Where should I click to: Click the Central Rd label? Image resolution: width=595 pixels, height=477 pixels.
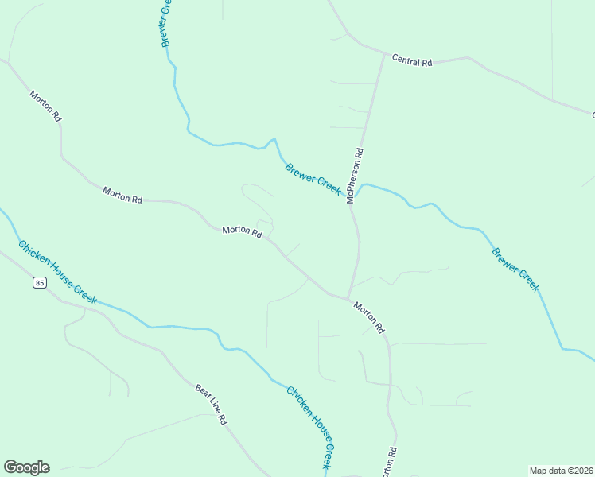tap(411, 61)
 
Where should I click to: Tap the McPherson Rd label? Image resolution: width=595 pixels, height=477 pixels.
tap(355, 176)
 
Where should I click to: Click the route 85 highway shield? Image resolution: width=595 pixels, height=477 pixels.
tap(39, 282)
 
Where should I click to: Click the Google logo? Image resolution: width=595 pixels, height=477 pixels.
tap(26, 467)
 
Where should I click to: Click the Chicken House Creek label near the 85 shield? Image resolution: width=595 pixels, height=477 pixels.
tap(57, 272)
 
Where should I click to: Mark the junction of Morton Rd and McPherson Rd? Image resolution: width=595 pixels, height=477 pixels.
tap(348, 299)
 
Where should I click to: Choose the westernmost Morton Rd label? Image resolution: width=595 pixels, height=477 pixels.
tap(45, 106)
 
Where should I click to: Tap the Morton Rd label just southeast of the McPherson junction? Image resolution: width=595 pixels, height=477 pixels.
tap(369, 316)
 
